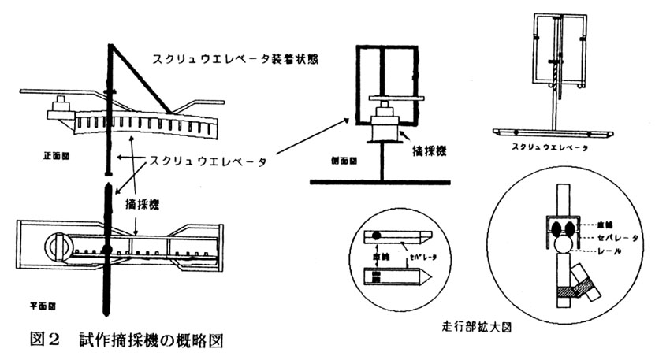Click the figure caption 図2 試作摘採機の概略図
pyautogui.click(x=125, y=340)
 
